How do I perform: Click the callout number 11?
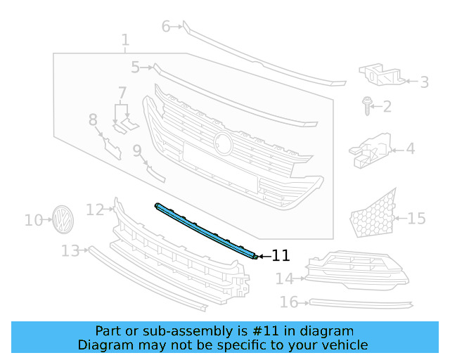281,257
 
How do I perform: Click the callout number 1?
124,40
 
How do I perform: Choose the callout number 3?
424,82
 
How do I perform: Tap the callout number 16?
289,302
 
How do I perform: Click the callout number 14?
284,279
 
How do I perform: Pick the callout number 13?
70,251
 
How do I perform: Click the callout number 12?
95,209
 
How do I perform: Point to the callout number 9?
137,150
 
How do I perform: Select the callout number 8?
94,120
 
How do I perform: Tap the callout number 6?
167,27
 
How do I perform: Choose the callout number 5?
136,67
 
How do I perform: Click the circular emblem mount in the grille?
224,143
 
